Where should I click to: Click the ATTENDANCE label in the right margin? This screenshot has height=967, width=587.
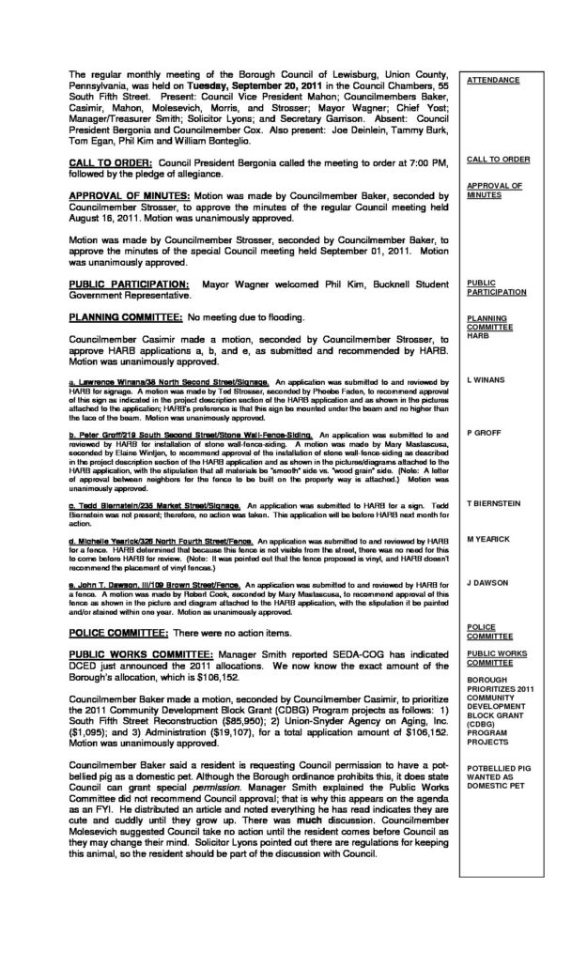[492, 81]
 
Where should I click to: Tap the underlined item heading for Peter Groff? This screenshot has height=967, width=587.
[193, 435]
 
